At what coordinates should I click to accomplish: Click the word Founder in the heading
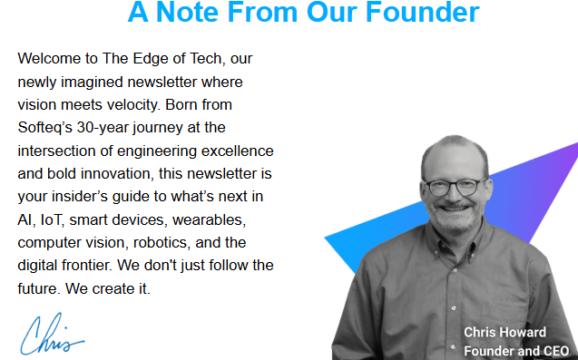[x=426, y=13]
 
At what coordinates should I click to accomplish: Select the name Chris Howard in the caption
[x=505, y=332]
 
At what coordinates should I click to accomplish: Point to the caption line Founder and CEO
[x=515, y=351]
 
